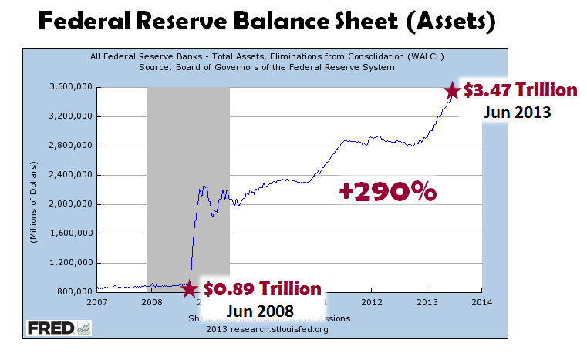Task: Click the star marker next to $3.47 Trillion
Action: (451, 91)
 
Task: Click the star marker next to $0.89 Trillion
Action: (189, 289)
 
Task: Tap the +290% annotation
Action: (388, 191)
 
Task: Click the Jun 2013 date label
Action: (518, 111)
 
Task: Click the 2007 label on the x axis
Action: (97, 301)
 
